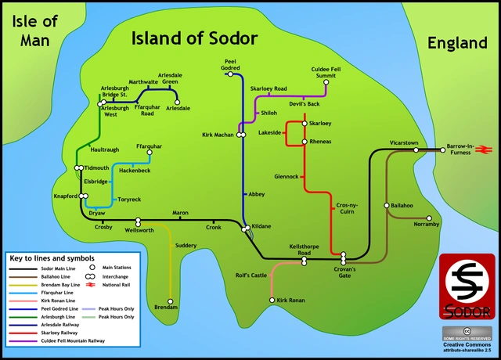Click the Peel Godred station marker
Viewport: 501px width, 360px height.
click(241, 74)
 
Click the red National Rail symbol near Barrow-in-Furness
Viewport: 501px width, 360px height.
click(485, 149)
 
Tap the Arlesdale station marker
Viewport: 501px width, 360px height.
click(178, 102)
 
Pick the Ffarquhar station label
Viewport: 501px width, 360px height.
click(149, 146)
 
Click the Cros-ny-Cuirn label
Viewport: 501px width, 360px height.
click(347, 208)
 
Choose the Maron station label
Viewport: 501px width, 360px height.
click(180, 213)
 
